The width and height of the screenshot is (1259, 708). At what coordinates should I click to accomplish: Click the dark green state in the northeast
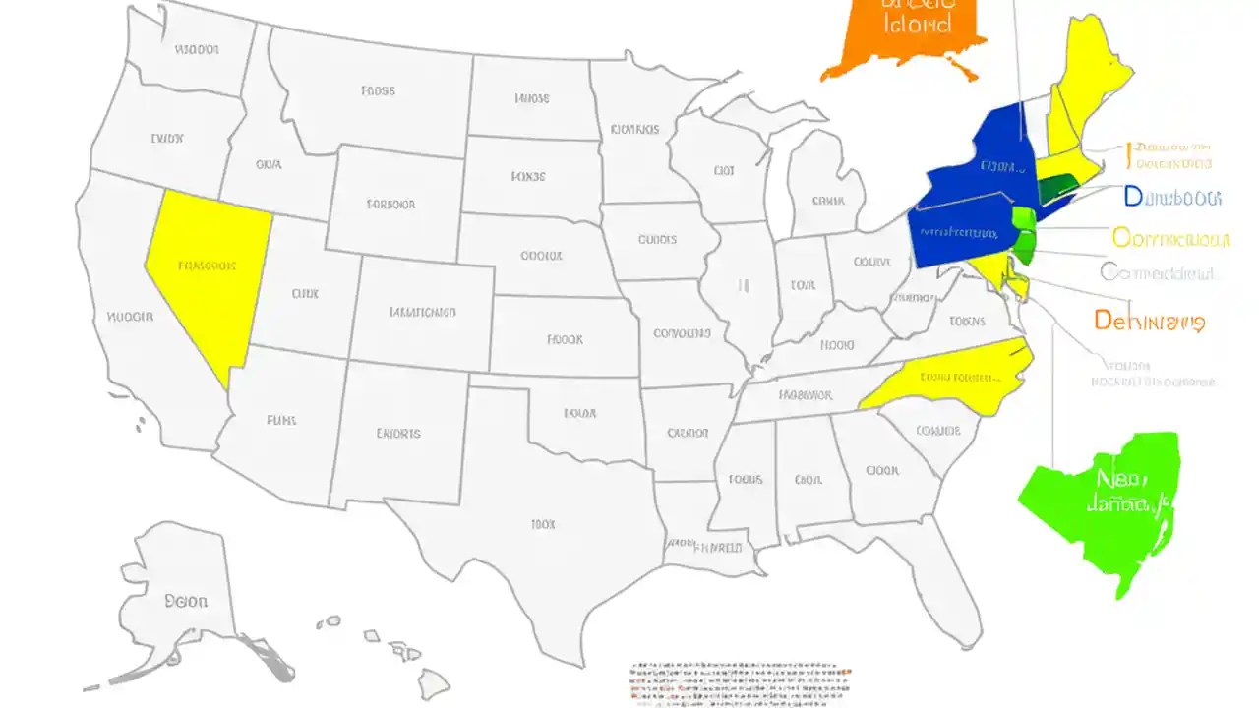(x=1057, y=187)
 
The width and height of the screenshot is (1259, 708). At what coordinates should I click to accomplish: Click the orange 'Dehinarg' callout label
(x=1149, y=321)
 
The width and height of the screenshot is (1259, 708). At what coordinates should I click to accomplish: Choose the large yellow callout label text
(x=1170, y=238)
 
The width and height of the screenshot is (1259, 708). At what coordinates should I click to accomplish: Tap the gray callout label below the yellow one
(x=1157, y=273)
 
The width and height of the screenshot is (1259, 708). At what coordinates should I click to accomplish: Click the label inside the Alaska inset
(x=186, y=601)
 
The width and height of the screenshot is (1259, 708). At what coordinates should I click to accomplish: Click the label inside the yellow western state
(x=207, y=265)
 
